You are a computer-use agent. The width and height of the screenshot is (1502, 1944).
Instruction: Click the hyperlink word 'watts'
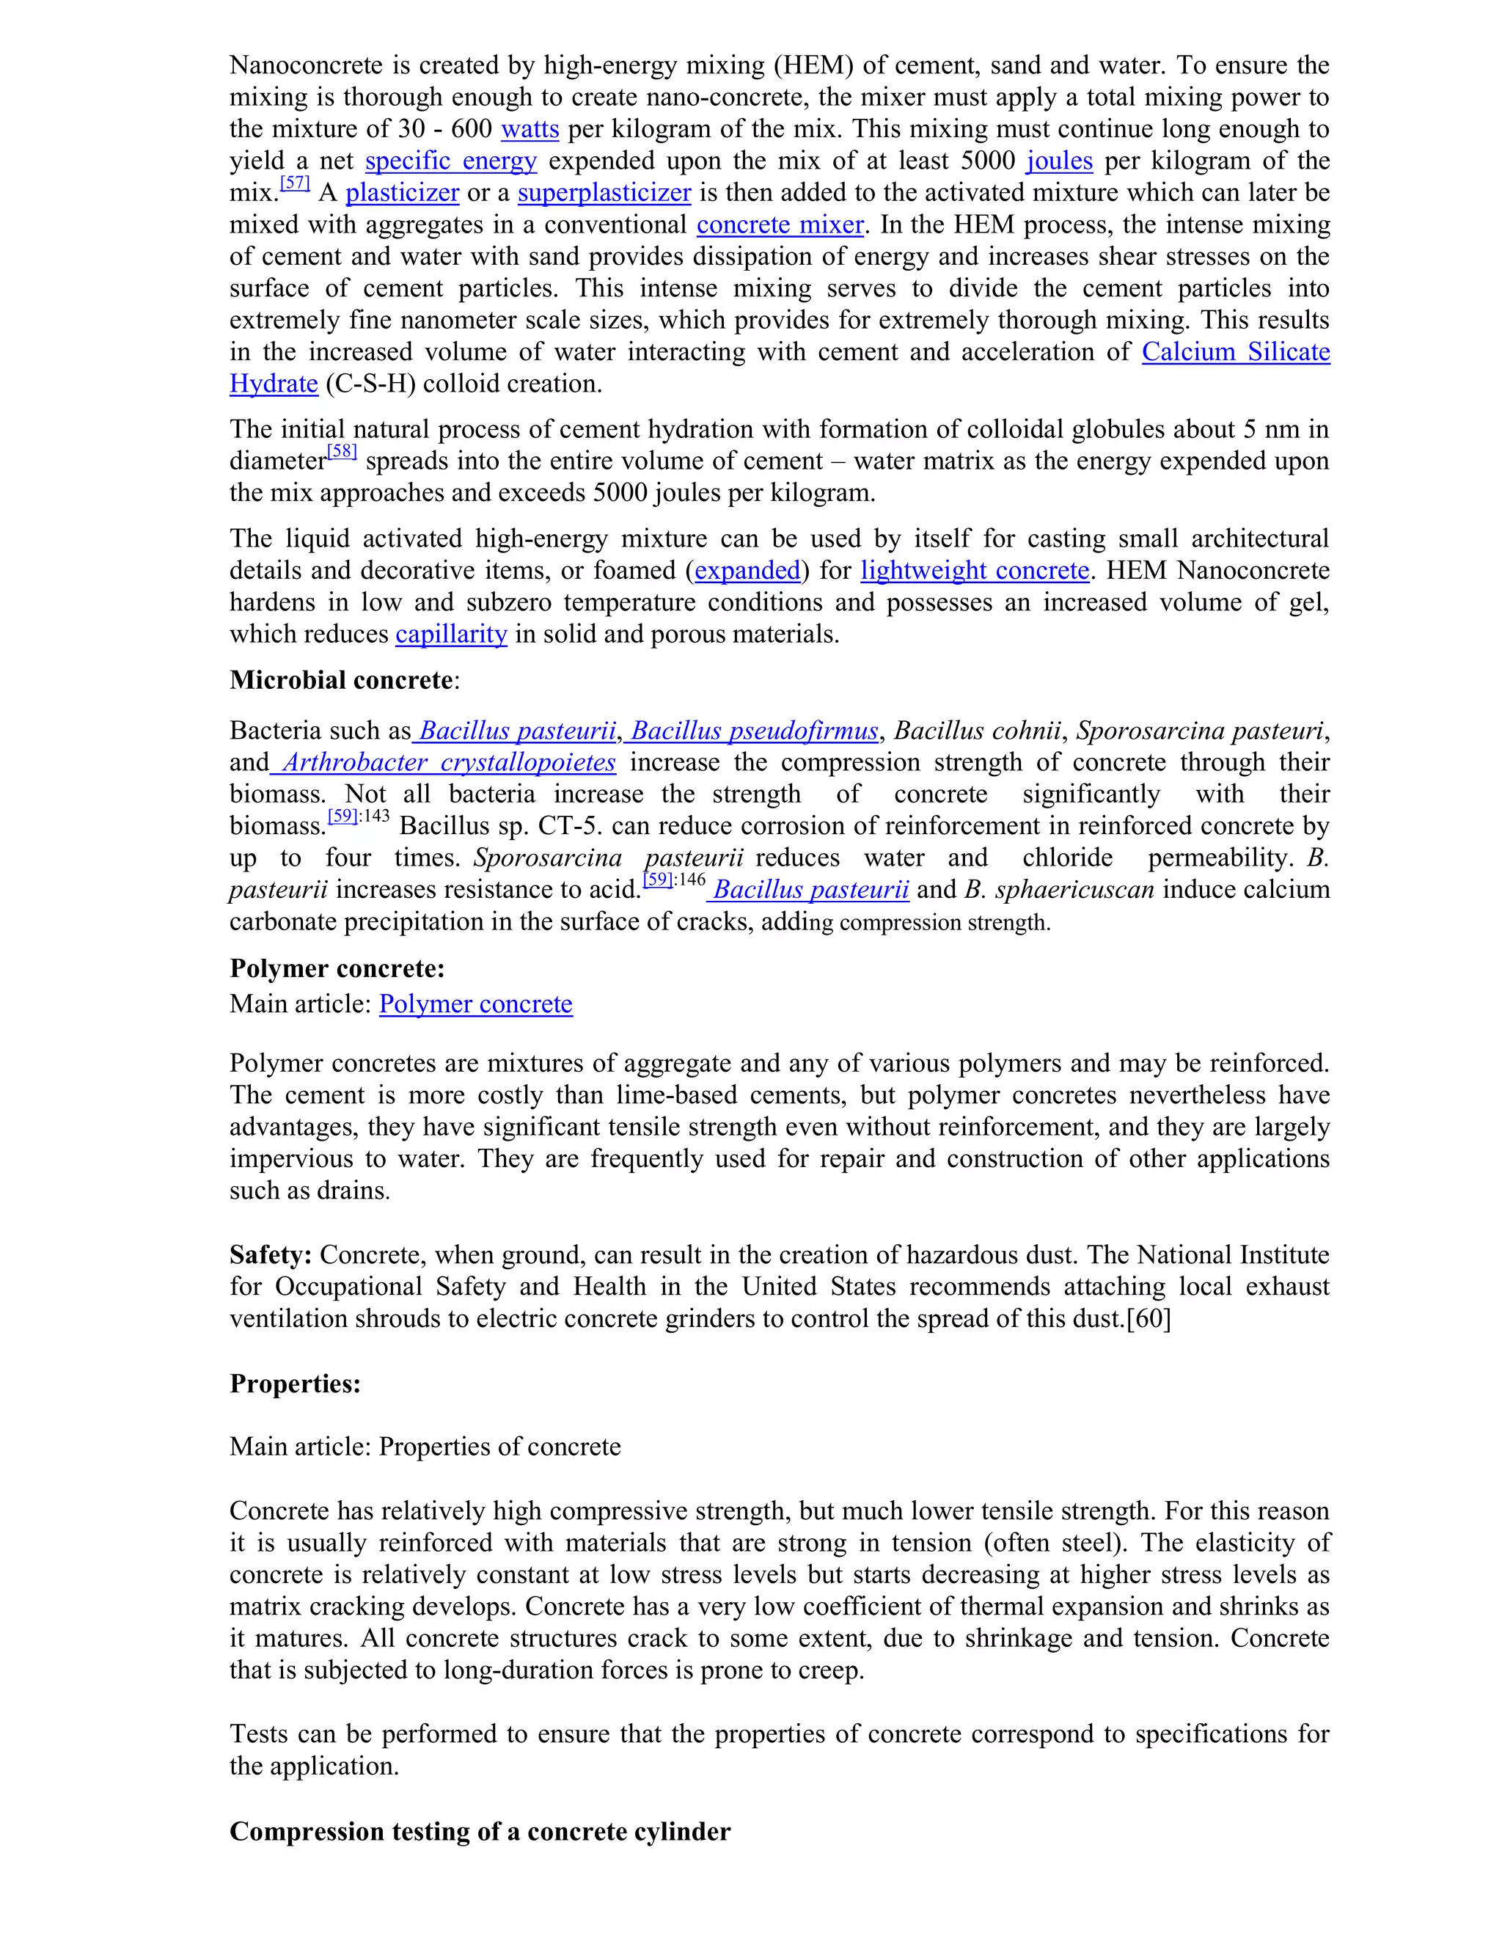tap(530, 129)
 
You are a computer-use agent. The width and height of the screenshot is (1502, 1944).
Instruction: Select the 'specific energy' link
tap(450, 161)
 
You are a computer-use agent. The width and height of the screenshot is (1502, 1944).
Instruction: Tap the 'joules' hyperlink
tap(1059, 161)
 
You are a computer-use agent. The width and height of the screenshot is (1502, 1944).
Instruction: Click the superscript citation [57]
tap(295, 183)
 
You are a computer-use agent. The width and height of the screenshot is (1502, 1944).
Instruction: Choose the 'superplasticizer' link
tap(604, 193)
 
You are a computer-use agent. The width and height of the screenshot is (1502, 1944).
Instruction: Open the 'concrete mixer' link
tap(780, 225)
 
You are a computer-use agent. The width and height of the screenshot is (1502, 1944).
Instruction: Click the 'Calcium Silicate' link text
tap(1235, 352)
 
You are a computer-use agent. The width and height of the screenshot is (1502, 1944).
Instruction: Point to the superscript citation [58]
tap(342, 452)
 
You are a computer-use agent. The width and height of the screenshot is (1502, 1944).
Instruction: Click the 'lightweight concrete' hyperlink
tap(975, 571)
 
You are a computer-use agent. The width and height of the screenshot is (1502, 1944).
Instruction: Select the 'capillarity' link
tap(451, 635)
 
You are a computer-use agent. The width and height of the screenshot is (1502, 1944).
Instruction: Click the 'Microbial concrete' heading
tap(341, 681)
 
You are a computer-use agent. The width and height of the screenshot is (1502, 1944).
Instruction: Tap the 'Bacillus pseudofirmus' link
tap(752, 731)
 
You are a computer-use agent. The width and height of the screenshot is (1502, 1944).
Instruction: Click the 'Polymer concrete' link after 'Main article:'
tap(475, 1004)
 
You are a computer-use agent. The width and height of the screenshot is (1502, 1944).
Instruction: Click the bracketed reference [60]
tap(1149, 1319)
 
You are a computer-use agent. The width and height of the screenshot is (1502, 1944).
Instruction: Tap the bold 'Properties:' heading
tap(295, 1384)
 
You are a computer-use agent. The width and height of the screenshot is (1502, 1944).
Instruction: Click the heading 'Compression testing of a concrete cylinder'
tap(480, 1832)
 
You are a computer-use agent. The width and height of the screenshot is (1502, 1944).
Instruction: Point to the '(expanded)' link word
tap(747, 571)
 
